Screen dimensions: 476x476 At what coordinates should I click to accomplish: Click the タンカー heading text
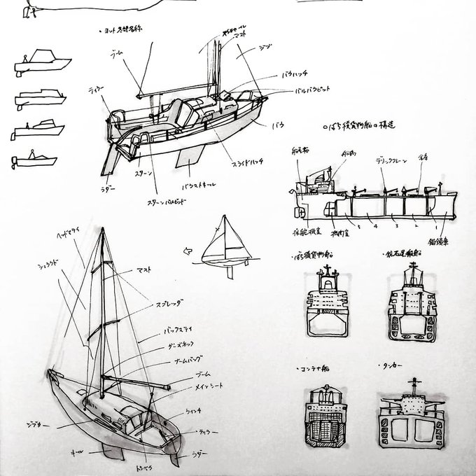pyautogui.click(x=398, y=366)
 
